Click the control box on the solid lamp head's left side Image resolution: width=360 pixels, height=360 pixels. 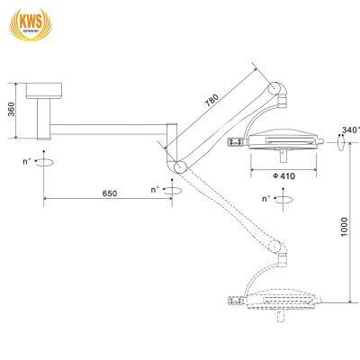(237, 140)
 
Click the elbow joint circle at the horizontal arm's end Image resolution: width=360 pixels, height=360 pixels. (178, 166)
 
